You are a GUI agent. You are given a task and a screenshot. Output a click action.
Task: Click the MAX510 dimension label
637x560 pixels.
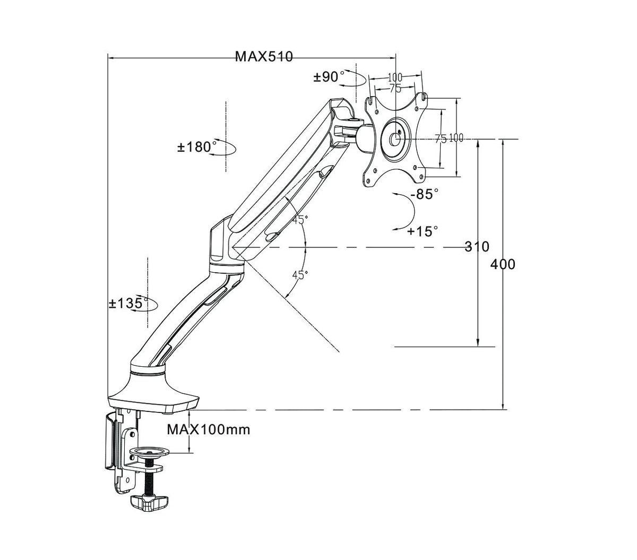click(x=263, y=57)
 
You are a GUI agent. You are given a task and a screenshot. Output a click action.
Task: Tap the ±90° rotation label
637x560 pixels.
click(x=329, y=77)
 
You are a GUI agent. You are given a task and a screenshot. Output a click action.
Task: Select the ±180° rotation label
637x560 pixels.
click(x=197, y=147)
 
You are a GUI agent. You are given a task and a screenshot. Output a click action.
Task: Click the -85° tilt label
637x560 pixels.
click(x=425, y=194)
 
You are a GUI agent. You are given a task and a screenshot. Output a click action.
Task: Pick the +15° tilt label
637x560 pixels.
click(x=423, y=231)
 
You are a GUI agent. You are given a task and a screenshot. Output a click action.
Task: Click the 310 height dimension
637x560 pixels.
click(x=477, y=247)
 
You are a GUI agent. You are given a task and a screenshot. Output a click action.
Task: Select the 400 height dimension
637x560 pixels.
click(x=503, y=264)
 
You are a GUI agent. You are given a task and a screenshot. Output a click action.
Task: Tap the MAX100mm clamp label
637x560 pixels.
click(x=208, y=429)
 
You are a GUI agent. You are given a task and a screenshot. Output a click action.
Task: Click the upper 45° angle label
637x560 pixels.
click(x=300, y=219)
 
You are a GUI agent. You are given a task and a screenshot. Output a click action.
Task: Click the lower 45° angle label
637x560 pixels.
click(x=300, y=274)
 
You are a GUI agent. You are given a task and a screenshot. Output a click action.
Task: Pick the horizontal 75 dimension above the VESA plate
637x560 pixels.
click(x=395, y=89)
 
